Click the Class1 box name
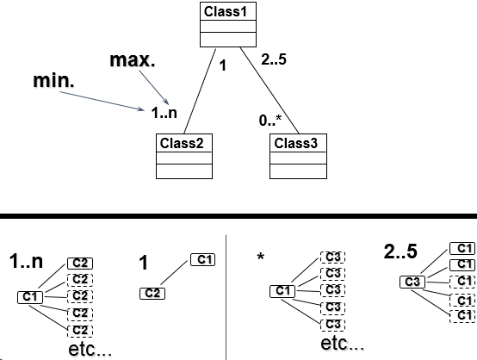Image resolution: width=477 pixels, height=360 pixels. point(228,11)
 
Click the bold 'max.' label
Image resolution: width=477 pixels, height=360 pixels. point(133,61)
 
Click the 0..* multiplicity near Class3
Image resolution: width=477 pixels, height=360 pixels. point(271,123)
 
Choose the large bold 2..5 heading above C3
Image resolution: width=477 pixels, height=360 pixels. point(400,251)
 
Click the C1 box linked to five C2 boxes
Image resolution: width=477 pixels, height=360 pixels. point(30,297)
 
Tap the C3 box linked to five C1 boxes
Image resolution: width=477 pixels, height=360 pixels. point(412,282)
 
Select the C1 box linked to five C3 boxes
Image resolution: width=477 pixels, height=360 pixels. point(283,291)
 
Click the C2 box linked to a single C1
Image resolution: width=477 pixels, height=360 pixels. point(152,294)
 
